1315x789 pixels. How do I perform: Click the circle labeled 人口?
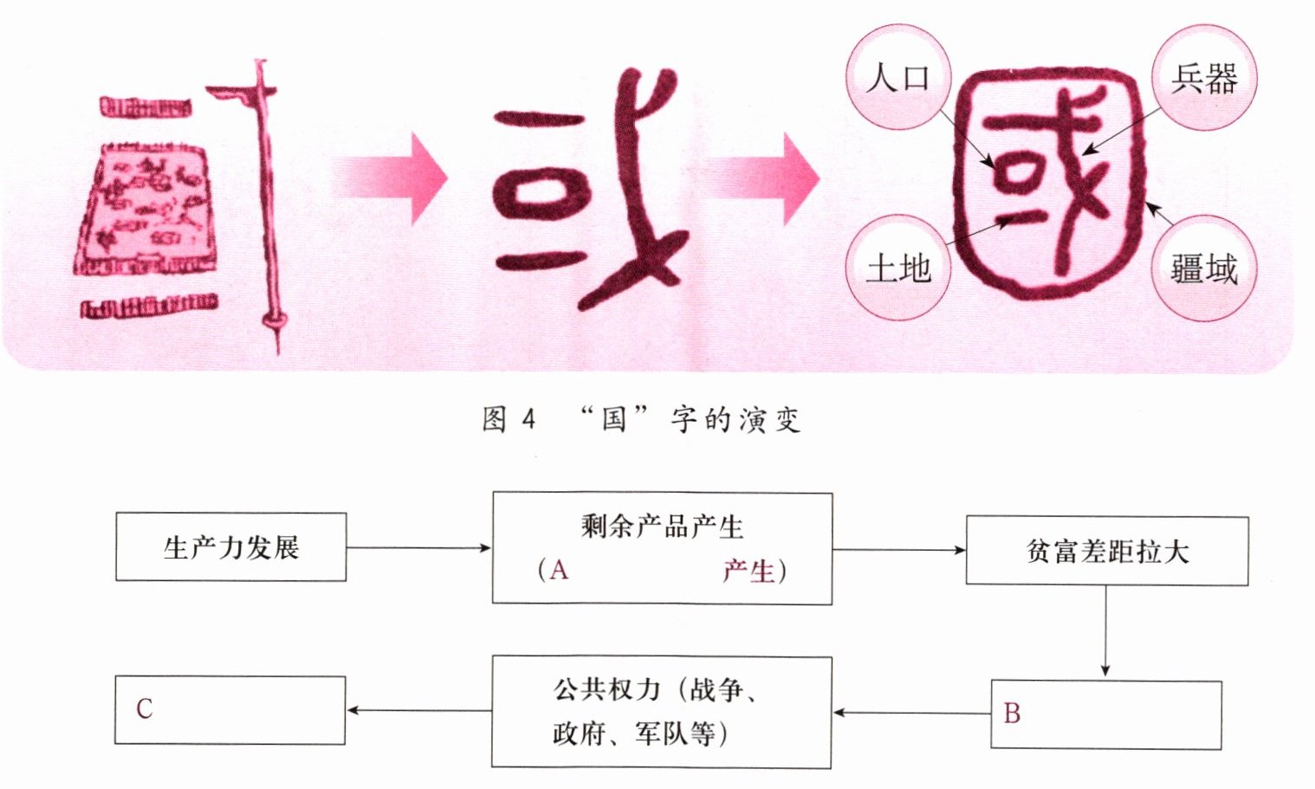click(x=897, y=77)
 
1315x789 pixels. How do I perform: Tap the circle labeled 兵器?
click(x=1203, y=78)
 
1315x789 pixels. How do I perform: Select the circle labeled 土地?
click(x=898, y=268)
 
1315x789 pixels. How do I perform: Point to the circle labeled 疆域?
click(x=1203, y=268)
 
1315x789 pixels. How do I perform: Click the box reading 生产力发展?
click(x=230, y=547)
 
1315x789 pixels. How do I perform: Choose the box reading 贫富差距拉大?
click(x=1106, y=551)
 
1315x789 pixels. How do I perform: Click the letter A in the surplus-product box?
click(x=559, y=570)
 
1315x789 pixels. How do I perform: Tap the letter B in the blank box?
click(x=1012, y=714)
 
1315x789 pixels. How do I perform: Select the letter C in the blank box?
click(x=144, y=709)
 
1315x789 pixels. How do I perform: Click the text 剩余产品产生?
click(x=662, y=526)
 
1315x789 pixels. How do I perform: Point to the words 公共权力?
click(x=606, y=689)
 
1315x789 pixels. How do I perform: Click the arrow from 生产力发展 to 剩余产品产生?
click(x=418, y=547)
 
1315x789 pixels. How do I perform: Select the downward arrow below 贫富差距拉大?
click(x=1105, y=631)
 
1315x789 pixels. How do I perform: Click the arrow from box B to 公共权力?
click(x=911, y=713)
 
